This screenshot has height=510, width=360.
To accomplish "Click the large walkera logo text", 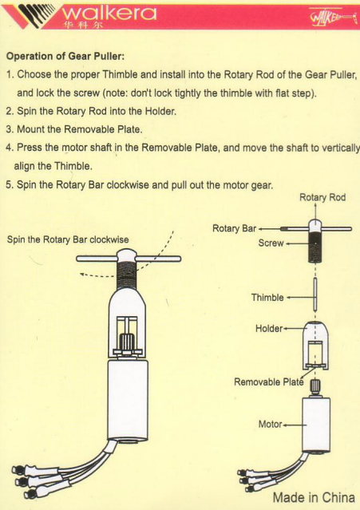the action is pyautogui.click(x=109, y=13).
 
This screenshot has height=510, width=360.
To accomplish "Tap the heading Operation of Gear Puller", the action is pyautogui.click(x=65, y=57).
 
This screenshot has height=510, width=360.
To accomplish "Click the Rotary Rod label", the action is pyautogui.click(x=322, y=197).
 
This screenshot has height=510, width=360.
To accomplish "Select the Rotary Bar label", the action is pyautogui.click(x=234, y=228).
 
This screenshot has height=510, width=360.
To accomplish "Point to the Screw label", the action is pyautogui.click(x=271, y=243).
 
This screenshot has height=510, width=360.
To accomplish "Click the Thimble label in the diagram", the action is pyautogui.click(x=267, y=297).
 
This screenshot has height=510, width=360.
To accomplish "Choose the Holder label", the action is pyautogui.click(x=269, y=329).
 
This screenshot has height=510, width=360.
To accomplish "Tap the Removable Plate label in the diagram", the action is pyautogui.click(x=269, y=382).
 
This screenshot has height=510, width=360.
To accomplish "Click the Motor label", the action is pyautogui.click(x=270, y=424).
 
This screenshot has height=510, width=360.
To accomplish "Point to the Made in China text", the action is pyautogui.click(x=314, y=497).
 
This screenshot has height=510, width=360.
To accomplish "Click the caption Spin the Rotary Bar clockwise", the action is pyautogui.click(x=68, y=239).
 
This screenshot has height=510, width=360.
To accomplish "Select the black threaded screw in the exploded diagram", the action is pyautogui.click(x=315, y=247).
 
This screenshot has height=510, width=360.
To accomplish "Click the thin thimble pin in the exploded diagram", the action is pyautogui.click(x=315, y=295).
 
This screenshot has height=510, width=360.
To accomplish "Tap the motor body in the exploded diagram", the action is pyautogui.click(x=316, y=424).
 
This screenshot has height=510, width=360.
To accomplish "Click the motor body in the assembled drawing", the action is pyautogui.click(x=128, y=400).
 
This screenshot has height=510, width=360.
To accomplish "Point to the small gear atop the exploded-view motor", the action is pyautogui.click(x=315, y=387).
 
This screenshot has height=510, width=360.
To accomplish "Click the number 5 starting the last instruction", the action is pyautogui.click(x=9, y=185).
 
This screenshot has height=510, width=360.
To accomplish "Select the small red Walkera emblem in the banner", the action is pyautogui.click(x=333, y=16).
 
